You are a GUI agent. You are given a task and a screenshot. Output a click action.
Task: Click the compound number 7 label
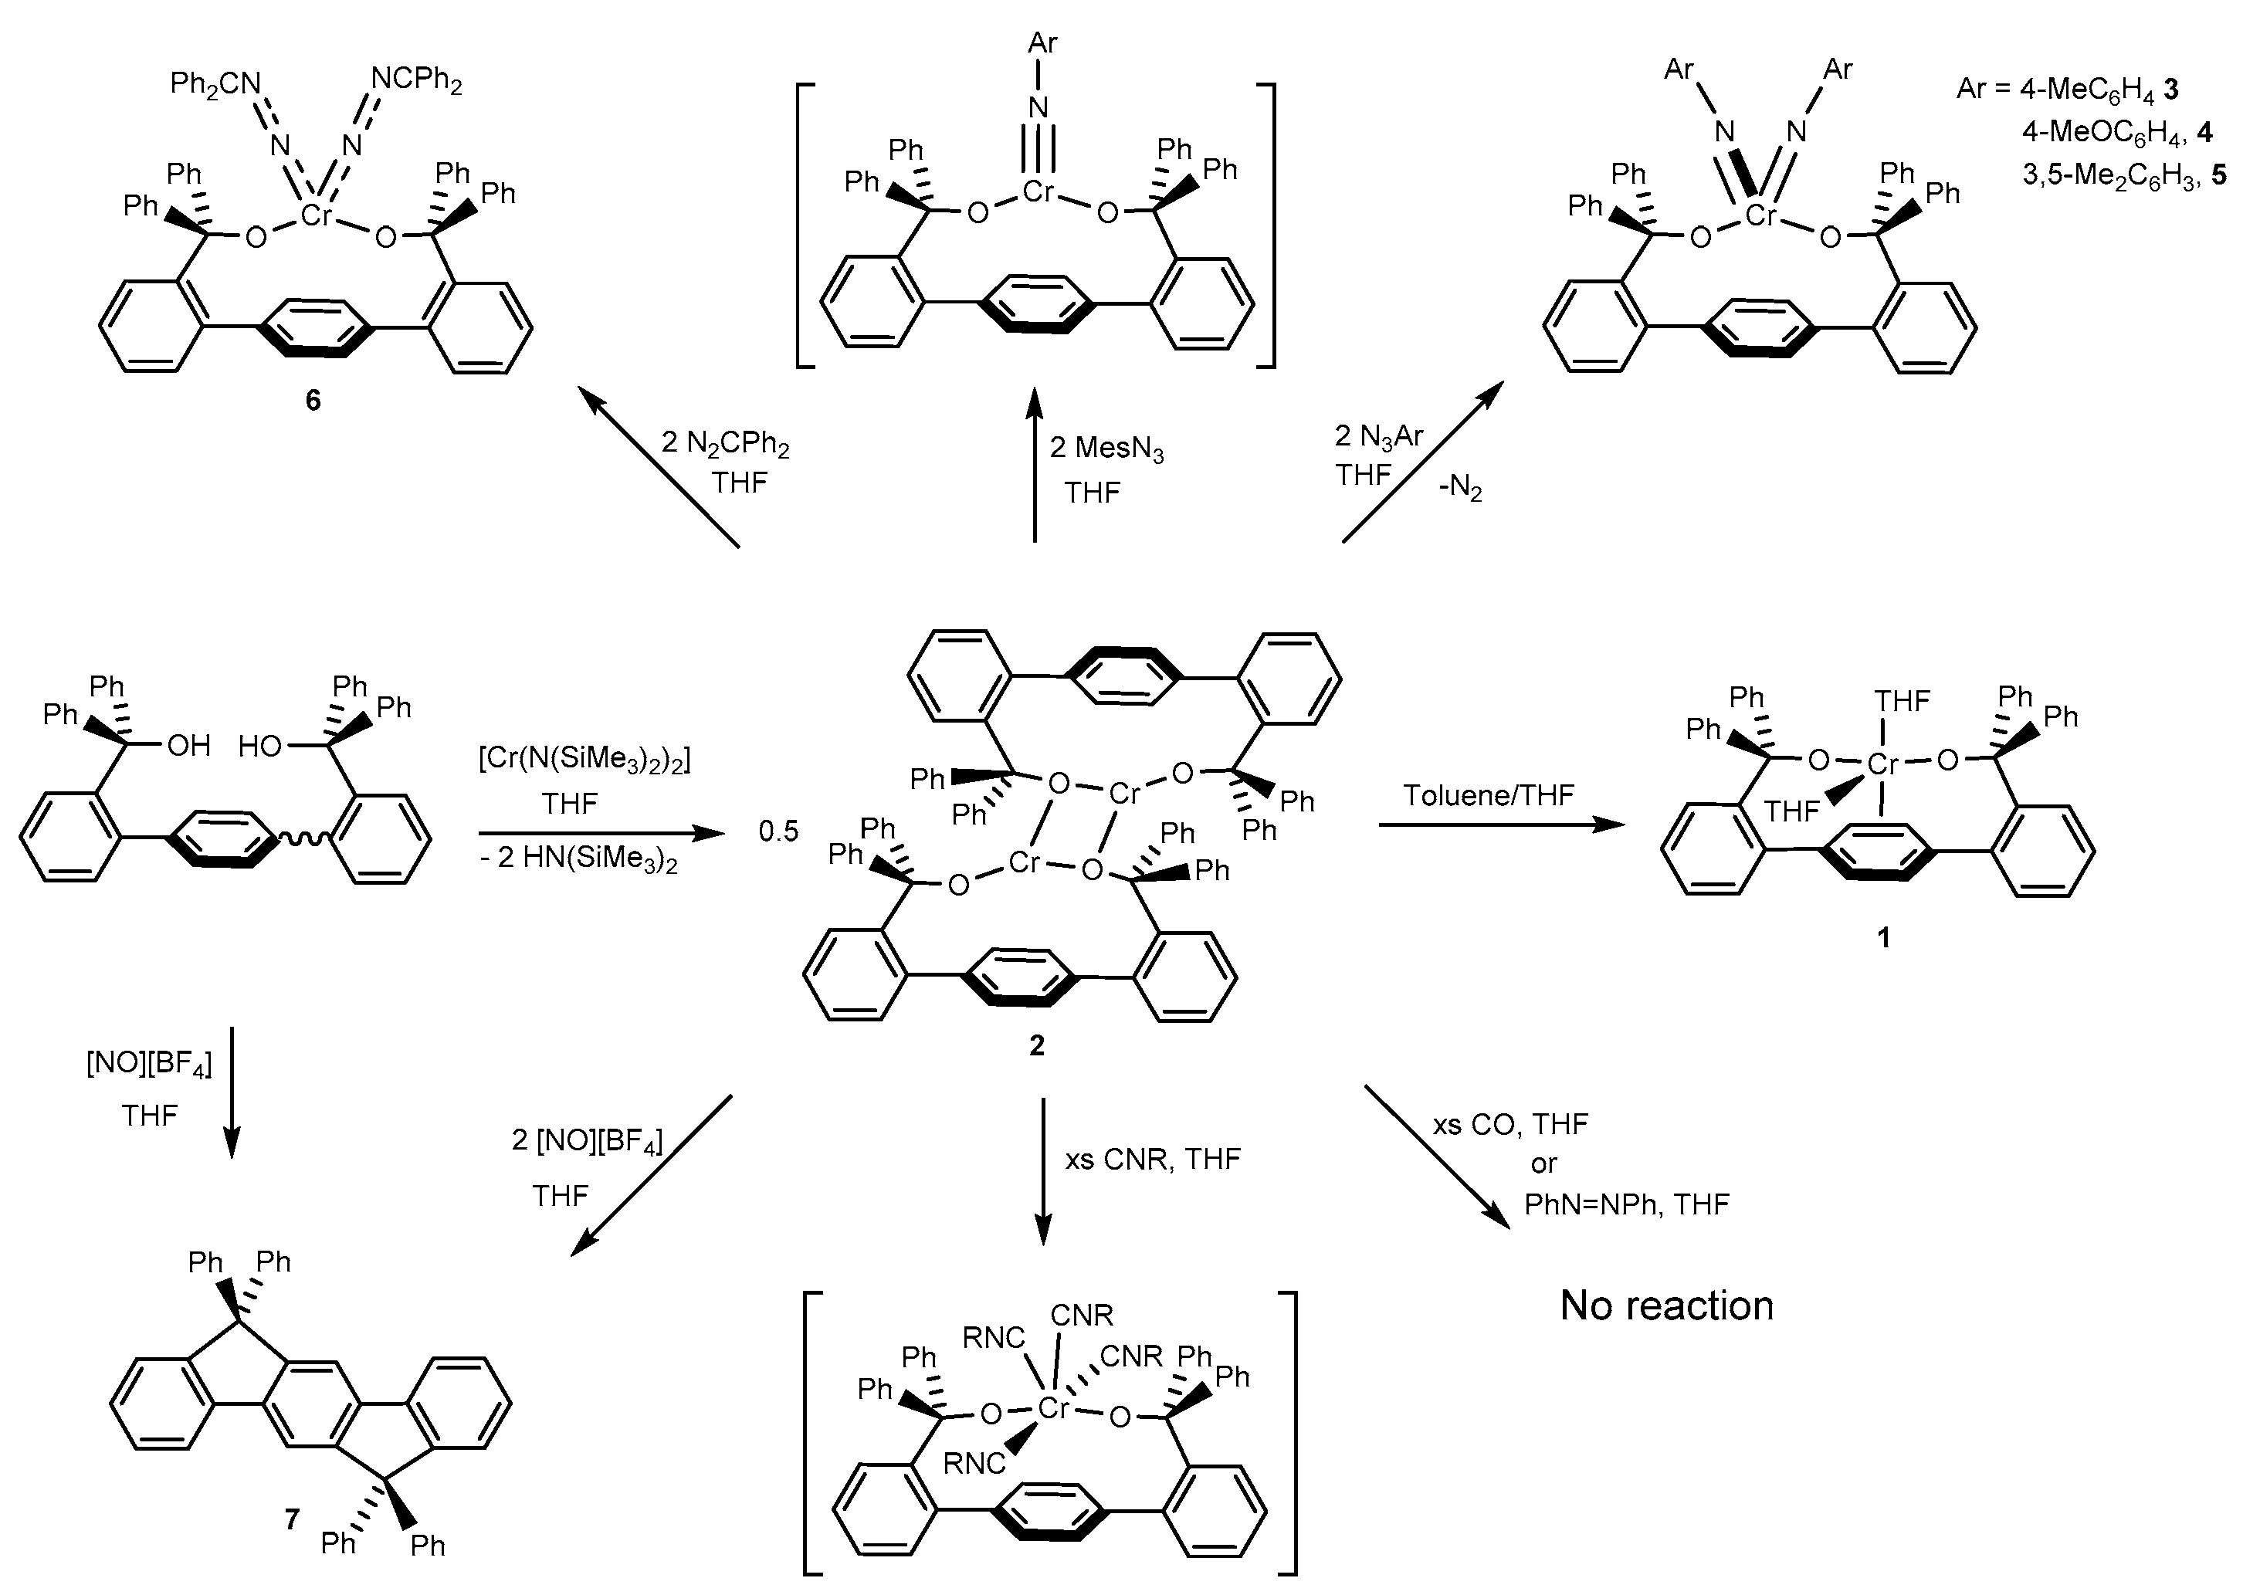click(292, 1519)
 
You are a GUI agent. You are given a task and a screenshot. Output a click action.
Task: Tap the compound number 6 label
click(312, 401)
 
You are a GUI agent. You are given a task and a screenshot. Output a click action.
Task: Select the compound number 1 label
click(1882, 938)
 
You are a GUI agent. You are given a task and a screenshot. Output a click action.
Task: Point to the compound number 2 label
click(1036, 1046)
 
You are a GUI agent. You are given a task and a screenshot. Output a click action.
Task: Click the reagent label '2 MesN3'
click(1106, 449)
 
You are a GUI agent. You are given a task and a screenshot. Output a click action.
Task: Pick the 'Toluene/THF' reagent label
click(1488, 794)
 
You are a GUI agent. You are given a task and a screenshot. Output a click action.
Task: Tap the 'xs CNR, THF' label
click(1153, 1159)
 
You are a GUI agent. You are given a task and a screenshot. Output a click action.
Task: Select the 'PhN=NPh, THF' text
click(1626, 1204)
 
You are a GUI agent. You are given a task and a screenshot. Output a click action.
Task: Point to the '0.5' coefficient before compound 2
click(778, 832)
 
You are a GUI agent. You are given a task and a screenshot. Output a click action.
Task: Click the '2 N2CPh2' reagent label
click(725, 444)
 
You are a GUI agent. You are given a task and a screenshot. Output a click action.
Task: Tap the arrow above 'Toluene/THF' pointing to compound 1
click(1502, 825)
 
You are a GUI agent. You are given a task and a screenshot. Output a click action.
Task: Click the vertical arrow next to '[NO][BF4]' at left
click(232, 1091)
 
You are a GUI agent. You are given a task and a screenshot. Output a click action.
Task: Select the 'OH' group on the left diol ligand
click(188, 746)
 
